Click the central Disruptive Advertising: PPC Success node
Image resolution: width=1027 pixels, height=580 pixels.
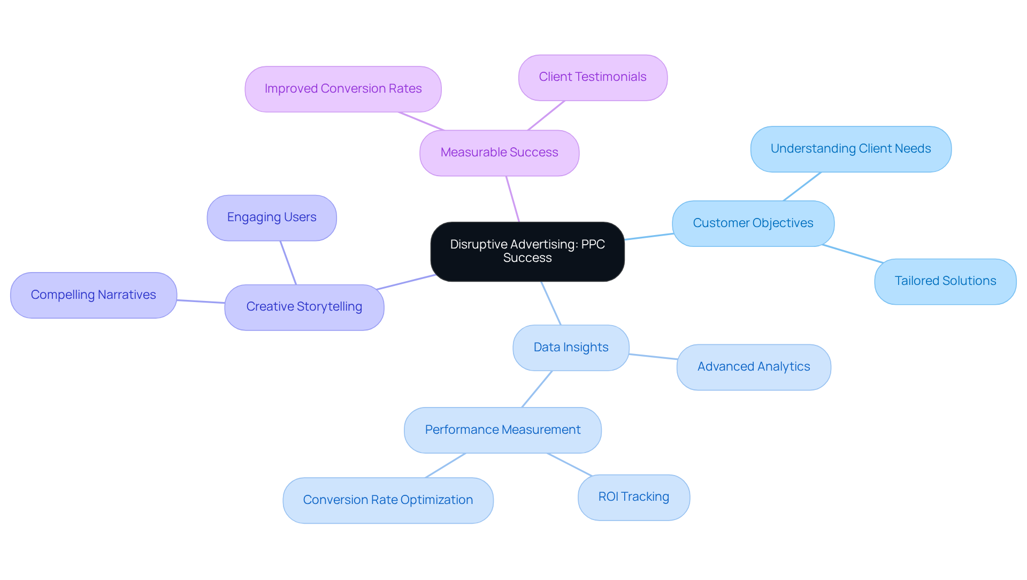pos(527,251)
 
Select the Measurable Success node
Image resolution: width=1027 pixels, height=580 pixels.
pos(499,153)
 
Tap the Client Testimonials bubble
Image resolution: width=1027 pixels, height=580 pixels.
pos(593,77)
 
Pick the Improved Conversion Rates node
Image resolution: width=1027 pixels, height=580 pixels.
pos(343,89)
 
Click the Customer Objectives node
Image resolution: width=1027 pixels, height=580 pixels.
pos(753,223)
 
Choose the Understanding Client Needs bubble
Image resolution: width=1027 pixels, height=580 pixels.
pos(850,149)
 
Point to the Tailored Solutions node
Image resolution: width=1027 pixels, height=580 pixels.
pos(945,281)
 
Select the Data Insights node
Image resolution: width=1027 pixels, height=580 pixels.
pos(571,348)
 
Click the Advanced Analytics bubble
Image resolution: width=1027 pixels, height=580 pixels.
pos(753,367)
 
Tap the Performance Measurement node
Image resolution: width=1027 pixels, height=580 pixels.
pos(502,430)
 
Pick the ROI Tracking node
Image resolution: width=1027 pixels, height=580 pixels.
pos(633,497)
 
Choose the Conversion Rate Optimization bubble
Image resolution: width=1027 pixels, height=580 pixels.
pos(388,500)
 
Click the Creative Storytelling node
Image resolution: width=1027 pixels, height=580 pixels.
pos(304,307)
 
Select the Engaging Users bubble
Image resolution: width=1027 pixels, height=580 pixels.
pos(272,217)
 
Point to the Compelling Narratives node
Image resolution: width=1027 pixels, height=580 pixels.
pos(94,295)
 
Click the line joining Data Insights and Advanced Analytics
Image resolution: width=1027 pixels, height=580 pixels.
pos(653,357)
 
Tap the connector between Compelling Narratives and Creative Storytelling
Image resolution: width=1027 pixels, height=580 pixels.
pos(201,302)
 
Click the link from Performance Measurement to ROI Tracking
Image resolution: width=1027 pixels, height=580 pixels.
pos(570,465)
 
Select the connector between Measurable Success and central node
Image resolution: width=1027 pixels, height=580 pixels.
pos(513,199)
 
